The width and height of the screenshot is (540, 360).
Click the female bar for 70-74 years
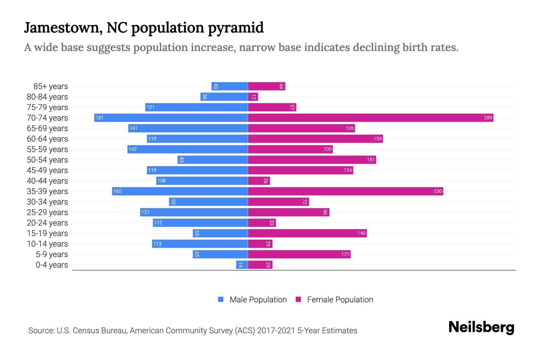pyautogui.click(x=370, y=118)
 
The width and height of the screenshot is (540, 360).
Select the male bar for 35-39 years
pyautogui.click(x=180, y=191)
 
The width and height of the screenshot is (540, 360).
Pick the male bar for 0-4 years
pyautogui.click(x=242, y=265)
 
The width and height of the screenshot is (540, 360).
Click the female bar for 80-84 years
pyautogui.click(x=253, y=97)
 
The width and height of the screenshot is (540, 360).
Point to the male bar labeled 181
pyautogui.click(x=171, y=118)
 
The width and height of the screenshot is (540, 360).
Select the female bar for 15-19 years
pyautogui.click(x=307, y=233)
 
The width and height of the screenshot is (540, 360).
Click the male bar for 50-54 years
pyautogui.click(x=212, y=160)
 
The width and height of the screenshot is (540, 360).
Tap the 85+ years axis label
pyautogui.click(x=51, y=86)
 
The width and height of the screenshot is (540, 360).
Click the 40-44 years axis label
pyautogui.click(x=47, y=181)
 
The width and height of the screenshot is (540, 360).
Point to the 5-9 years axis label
pyautogui.click(x=52, y=254)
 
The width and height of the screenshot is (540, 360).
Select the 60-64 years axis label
pyautogui.click(x=47, y=139)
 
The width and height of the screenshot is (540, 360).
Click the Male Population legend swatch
pyautogui.click(x=221, y=299)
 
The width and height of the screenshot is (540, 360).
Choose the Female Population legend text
pyautogui.click(x=340, y=300)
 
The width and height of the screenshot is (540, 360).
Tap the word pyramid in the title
pyautogui.click(x=236, y=28)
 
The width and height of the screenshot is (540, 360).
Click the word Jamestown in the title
pyautogui.click(x=61, y=28)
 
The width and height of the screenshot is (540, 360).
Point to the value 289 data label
pyautogui.click(x=488, y=118)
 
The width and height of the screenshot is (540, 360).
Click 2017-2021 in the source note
pyautogui.click(x=276, y=331)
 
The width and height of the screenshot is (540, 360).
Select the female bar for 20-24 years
pyautogui.click(x=262, y=223)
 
